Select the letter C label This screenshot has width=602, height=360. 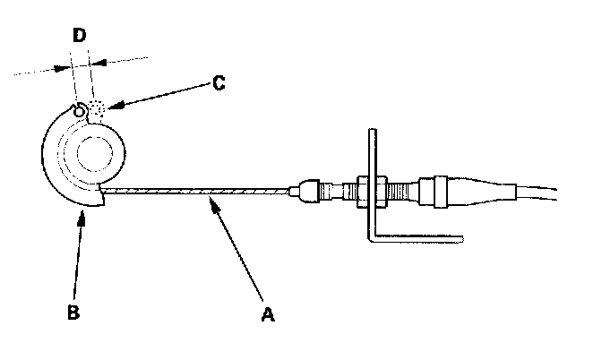pos(218,85)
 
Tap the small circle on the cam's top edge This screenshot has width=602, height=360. pos(81,110)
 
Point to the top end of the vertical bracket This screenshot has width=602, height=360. pos(369,133)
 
